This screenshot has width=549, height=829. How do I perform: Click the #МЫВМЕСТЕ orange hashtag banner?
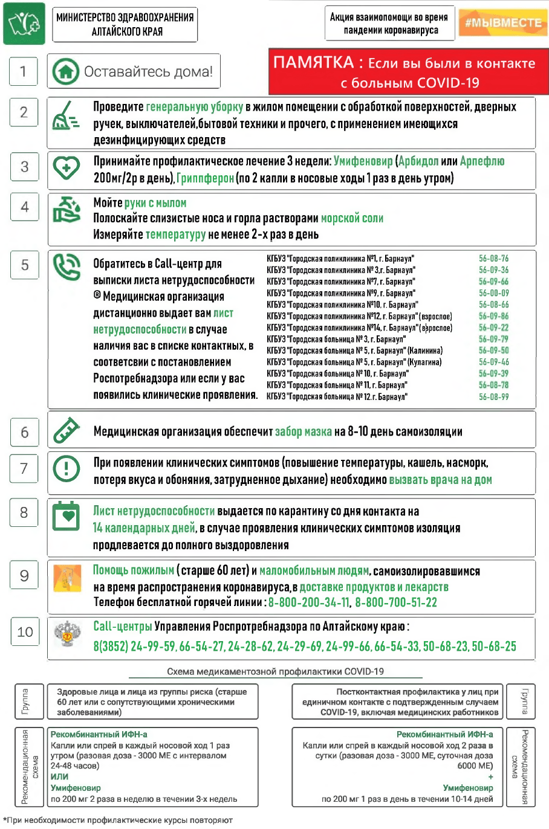tap(503, 24)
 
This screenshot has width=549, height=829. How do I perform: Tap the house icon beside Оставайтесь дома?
tap(65, 71)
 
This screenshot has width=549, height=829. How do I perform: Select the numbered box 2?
tap(24, 112)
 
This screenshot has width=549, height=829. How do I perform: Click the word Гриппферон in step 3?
tap(205, 178)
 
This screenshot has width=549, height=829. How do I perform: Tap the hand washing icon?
tap(67, 209)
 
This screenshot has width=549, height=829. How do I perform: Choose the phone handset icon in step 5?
tap(66, 267)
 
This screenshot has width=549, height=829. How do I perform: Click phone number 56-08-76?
tap(493, 259)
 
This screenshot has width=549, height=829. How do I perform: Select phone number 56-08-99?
tap(493, 397)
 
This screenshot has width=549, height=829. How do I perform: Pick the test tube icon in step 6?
tap(66, 430)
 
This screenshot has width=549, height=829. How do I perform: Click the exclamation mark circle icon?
tap(66, 468)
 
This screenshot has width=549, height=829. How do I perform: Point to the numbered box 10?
tap(25, 632)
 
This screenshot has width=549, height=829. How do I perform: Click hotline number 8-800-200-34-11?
tap(308, 602)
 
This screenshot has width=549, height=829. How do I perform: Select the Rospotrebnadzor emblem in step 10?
tap(67, 634)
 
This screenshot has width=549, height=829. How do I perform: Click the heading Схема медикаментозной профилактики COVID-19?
tap(275, 671)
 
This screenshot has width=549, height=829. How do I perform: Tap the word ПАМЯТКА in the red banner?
tap(313, 63)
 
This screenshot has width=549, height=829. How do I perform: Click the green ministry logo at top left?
tap(24, 24)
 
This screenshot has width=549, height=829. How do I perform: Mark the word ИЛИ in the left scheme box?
tap(59, 776)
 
